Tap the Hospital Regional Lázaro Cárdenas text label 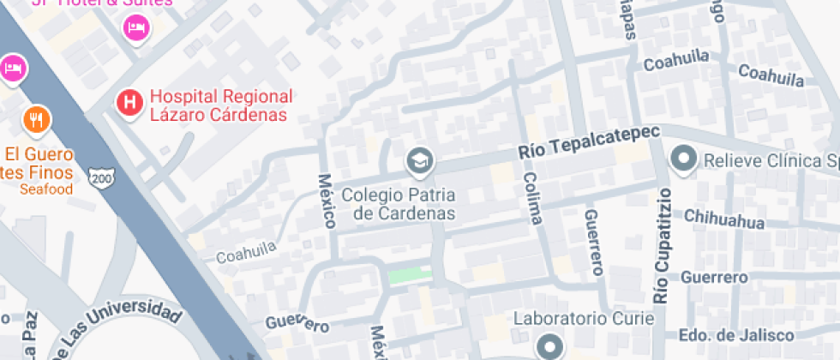coord(220,105)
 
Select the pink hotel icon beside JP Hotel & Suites coord(135,28)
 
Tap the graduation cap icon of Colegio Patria coord(419,159)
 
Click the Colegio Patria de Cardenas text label coord(398,204)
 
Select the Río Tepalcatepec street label coord(590,142)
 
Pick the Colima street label coord(532,196)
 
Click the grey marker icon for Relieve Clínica coord(684,159)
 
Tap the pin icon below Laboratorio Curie coord(549,346)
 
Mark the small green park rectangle coord(411,275)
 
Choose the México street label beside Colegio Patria coord(327,201)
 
